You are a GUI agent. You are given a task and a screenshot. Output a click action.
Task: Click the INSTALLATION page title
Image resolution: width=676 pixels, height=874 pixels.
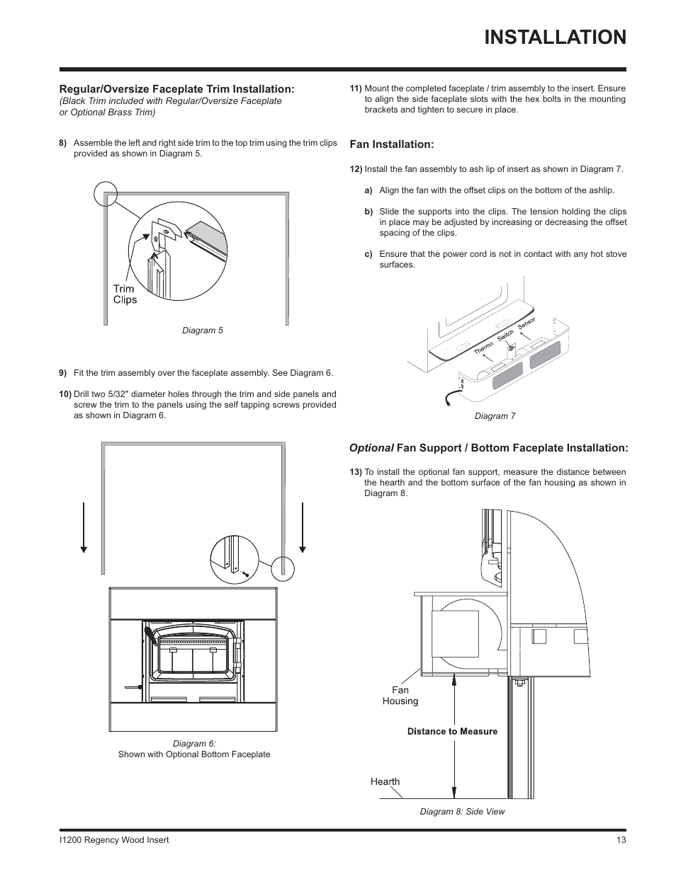coord(555,37)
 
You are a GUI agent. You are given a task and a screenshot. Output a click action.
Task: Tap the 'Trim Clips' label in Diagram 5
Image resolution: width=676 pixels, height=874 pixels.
coord(125,294)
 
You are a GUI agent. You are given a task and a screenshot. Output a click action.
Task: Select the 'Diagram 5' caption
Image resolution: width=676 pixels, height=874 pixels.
coord(203,330)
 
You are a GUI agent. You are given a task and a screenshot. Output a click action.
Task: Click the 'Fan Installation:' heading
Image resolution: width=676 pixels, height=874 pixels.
coord(391,144)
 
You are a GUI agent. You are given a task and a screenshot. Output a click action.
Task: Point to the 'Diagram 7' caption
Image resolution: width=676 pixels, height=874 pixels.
coord(495,416)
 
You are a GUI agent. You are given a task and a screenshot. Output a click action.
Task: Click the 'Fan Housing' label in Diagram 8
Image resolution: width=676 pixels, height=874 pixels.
coord(400,696)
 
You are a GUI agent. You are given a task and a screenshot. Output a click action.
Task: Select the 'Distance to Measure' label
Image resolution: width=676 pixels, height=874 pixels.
coord(452,732)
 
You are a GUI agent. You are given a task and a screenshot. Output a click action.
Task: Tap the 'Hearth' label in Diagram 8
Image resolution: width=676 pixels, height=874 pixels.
coord(385,782)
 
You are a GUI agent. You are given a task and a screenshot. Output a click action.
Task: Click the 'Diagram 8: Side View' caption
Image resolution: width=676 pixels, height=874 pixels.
coord(462,812)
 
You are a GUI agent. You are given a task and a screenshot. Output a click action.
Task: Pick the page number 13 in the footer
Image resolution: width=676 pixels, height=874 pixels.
coord(621,840)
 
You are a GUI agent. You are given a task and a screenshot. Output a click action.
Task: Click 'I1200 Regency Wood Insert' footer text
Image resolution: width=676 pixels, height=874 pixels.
coord(114,840)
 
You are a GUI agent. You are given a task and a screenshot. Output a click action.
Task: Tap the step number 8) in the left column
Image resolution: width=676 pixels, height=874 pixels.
coord(63,143)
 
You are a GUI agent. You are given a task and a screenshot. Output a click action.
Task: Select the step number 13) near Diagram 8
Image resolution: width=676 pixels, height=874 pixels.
coord(356,472)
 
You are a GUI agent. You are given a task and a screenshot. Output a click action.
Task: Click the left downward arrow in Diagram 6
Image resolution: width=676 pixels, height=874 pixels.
coord(84,527)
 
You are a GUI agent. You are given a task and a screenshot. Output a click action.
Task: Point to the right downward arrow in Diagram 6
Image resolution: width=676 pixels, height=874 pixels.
coord(303,527)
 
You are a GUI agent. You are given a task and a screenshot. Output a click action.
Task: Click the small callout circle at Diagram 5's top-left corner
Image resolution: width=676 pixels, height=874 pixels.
coord(105,192)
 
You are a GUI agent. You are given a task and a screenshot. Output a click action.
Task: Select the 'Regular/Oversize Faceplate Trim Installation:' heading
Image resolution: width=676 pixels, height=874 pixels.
coord(176,89)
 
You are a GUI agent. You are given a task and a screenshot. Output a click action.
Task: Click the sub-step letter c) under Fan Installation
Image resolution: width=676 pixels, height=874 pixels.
coord(368,254)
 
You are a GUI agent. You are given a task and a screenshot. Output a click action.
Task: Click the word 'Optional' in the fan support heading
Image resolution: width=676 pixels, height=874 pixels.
coord(371,448)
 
